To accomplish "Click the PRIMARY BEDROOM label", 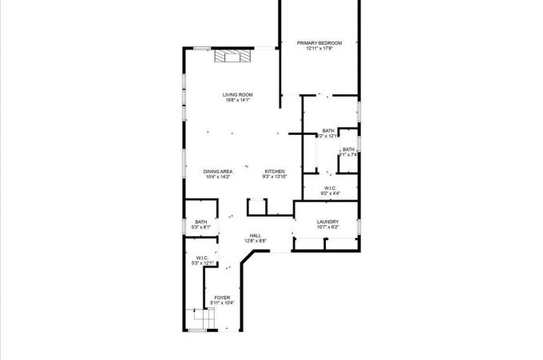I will [x=319, y=42].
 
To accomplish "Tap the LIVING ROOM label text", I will [x=238, y=95].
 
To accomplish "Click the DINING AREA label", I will [x=217, y=172].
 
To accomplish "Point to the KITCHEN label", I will [x=274, y=172].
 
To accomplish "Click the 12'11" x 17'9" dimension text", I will [x=319, y=49].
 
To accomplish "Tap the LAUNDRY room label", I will [x=327, y=222].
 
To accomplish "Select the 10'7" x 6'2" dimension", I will [x=327, y=228].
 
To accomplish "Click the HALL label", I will [x=256, y=235].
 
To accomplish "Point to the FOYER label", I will [x=222, y=298].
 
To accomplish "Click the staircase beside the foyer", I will [x=202, y=318].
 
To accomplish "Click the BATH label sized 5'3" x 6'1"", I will [x=201, y=222].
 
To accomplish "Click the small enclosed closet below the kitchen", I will [x=257, y=208].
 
